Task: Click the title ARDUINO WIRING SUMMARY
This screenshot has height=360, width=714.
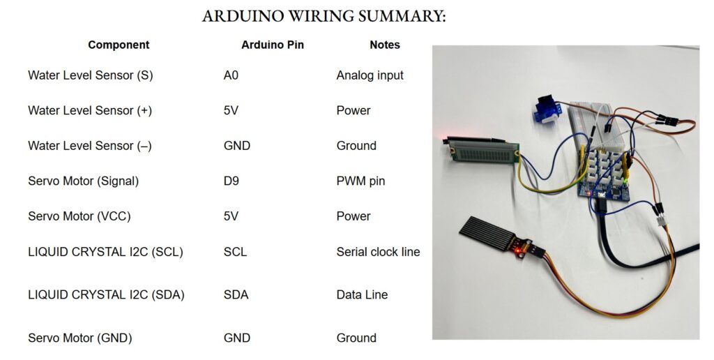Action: [x=324, y=16]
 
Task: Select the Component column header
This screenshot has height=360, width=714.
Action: [x=119, y=45]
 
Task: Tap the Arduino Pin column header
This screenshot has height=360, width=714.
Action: [x=273, y=45]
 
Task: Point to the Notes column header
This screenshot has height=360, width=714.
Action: [x=385, y=45]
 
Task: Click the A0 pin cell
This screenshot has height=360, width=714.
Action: [x=231, y=75]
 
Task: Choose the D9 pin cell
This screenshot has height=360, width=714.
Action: [x=231, y=181]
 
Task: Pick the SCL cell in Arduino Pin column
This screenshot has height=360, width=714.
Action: [x=235, y=252]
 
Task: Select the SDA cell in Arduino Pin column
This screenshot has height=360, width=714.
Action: [x=236, y=294]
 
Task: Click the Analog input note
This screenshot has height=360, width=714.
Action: [x=370, y=75]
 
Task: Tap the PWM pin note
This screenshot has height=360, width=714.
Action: [x=360, y=181]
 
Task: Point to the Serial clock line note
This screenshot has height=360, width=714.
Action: [x=378, y=252]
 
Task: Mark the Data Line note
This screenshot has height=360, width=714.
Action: [x=362, y=294]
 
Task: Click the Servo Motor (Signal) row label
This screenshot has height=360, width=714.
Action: [x=83, y=181]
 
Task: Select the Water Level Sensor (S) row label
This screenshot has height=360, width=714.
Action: [x=90, y=75]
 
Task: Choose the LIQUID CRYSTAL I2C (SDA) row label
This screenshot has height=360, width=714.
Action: [x=106, y=294]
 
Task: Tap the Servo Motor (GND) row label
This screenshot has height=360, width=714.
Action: [x=79, y=338]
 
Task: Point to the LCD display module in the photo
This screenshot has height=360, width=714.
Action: [x=480, y=149]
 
